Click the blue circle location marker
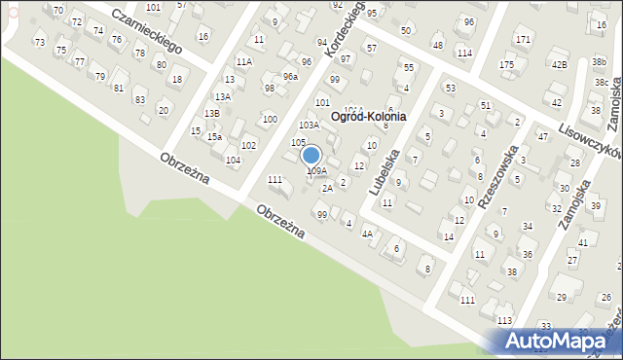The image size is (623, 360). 311,155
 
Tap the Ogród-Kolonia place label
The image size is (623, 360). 368,116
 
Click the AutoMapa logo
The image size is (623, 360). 560,341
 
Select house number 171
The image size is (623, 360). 523,40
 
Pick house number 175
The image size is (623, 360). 506,64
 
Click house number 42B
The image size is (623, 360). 559,64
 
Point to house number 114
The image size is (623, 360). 464,53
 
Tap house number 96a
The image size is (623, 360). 290,76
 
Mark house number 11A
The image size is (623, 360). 243,61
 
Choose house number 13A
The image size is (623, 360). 222,96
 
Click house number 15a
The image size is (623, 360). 212,137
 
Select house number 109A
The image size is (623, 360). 317,171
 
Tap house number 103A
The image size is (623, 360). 309,125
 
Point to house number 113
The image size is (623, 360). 504,320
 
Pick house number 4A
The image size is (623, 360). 367,234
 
